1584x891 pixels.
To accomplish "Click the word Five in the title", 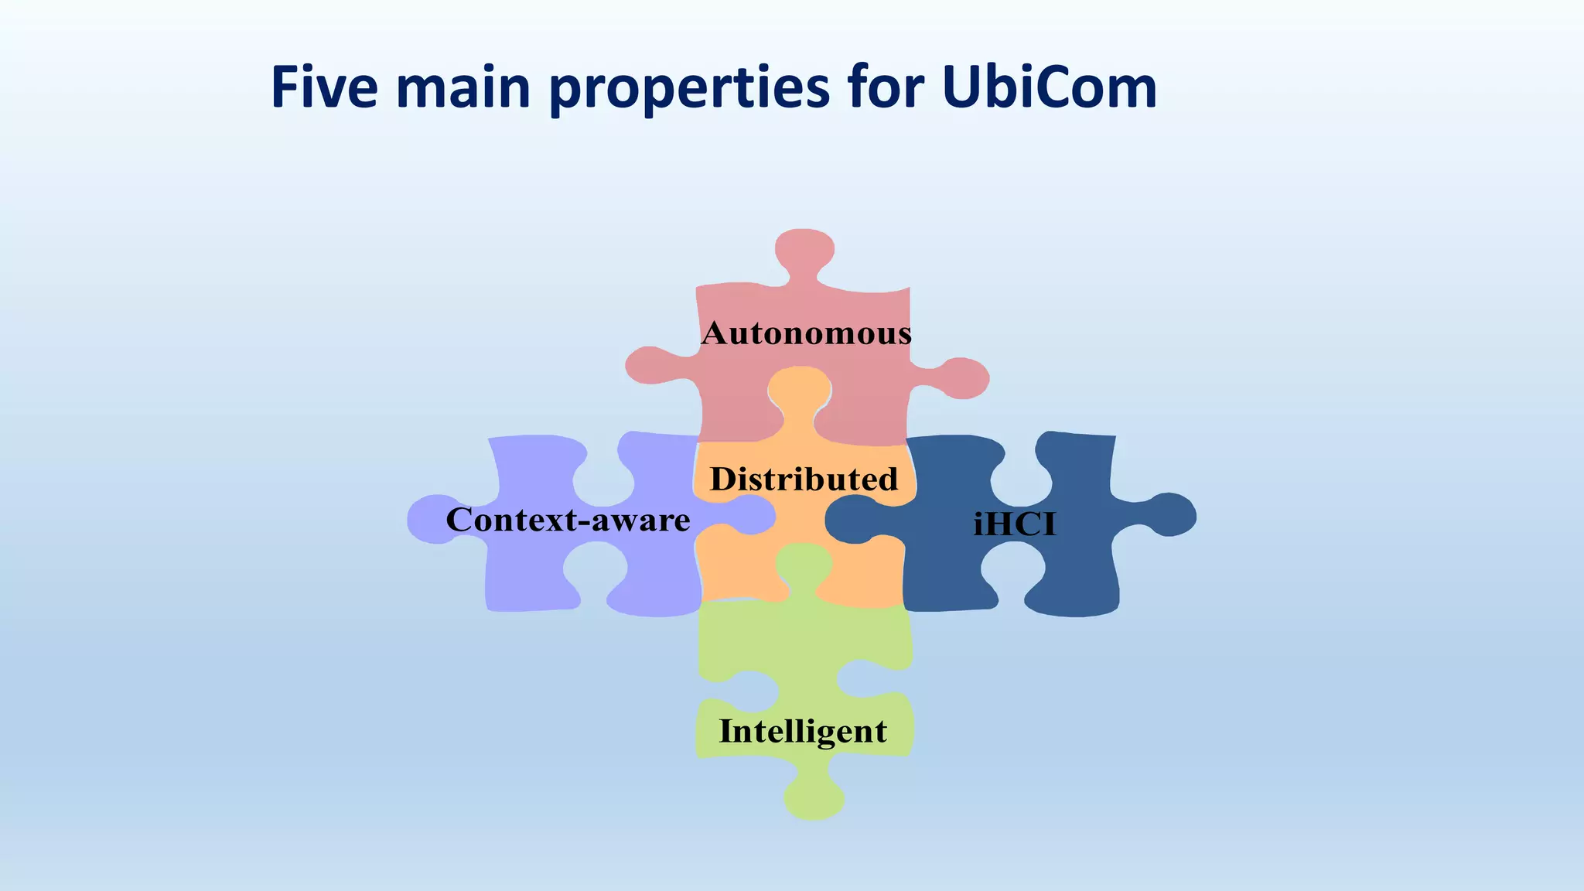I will (324, 87).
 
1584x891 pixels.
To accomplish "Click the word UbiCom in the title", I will (1050, 87).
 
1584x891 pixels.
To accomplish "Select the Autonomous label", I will (806, 333).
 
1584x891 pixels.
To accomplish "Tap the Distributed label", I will (804, 480).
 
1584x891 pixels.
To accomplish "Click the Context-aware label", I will (568, 520).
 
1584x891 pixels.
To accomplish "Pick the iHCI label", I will (1014, 524).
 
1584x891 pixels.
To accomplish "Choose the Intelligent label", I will (803, 731).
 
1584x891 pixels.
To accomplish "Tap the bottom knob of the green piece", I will (814, 797).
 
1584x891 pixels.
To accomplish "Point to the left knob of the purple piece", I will (433, 519).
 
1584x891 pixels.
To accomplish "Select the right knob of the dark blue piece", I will (1168, 514).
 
